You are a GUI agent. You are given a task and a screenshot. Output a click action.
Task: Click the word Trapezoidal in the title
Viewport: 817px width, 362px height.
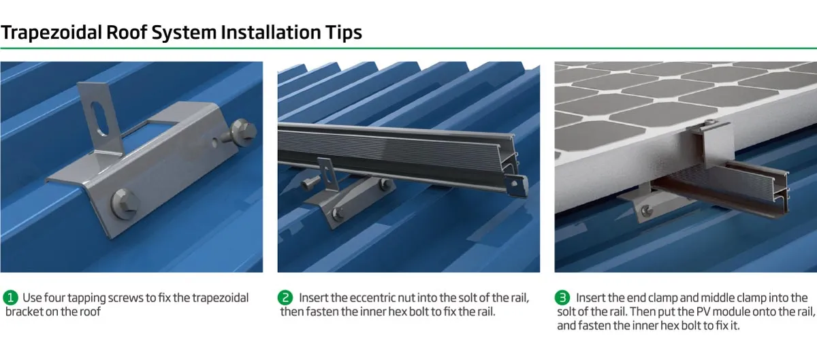[52, 33]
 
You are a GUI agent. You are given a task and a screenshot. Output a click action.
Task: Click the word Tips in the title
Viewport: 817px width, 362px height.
[344, 33]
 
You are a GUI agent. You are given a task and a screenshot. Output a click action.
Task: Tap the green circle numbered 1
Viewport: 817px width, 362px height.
[10, 298]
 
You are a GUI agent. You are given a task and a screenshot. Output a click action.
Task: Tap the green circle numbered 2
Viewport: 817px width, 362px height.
[285, 298]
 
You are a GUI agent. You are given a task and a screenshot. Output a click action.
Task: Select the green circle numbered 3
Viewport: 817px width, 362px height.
[562, 298]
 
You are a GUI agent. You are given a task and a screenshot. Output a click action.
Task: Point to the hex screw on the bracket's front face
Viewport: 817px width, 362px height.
[125, 203]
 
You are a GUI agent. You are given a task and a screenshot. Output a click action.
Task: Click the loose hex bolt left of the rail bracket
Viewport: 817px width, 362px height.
[310, 182]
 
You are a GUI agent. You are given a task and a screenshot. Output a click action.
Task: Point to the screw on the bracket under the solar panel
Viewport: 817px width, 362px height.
[647, 211]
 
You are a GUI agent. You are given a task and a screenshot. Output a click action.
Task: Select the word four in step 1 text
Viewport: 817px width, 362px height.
[54, 298]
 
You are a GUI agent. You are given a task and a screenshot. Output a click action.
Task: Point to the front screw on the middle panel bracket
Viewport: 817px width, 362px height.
[338, 214]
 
